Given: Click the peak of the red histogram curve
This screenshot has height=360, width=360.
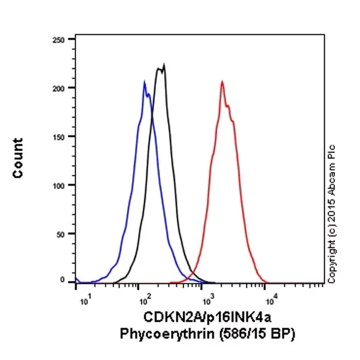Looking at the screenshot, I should tap(222, 82).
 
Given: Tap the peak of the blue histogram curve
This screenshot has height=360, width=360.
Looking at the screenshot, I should tap(145, 82).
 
